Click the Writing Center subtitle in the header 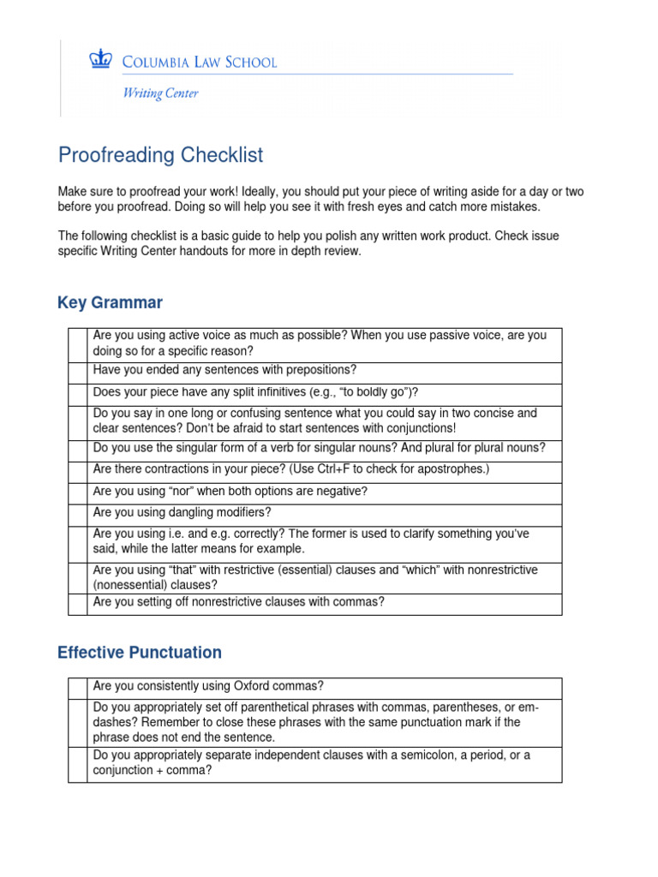pyautogui.click(x=159, y=93)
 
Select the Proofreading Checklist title pyautogui.click(x=160, y=155)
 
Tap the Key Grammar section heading pyautogui.click(x=110, y=302)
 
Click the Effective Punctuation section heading pyautogui.click(x=139, y=653)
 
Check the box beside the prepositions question pyautogui.click(x=78, y=372)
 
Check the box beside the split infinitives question pyautogui.click(x=78, y=393)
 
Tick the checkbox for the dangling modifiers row pyautogui.click(x=78, y=514)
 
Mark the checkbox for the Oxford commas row pyautogui.click(x=78, y=688)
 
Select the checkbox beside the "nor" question pyautogui.click(x=78, y=492)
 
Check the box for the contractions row pyautogui.click(x=78, y=470)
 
